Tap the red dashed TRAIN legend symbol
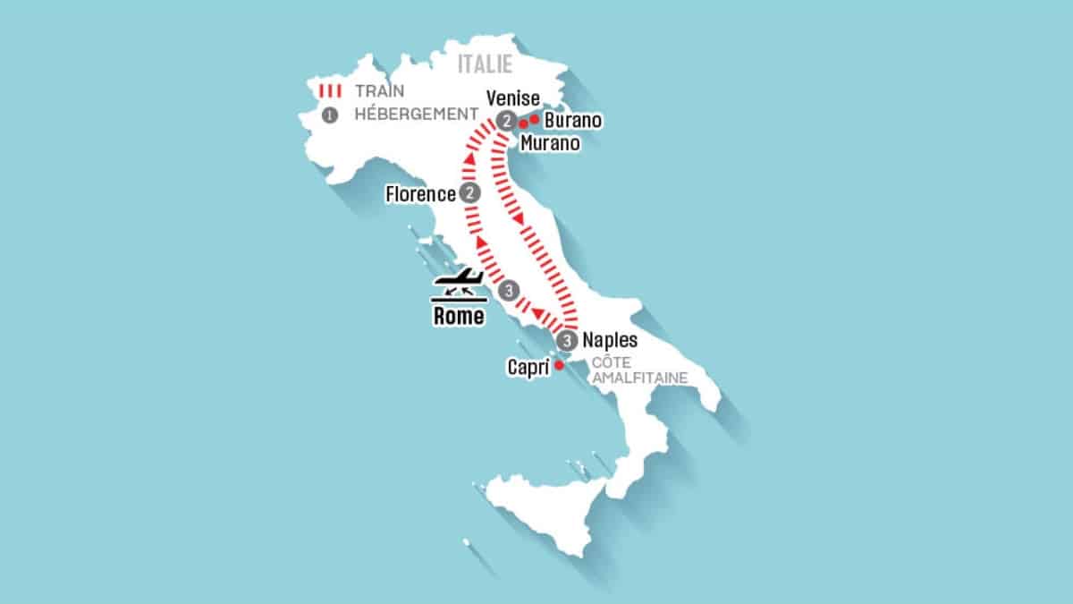[x=330, y=90]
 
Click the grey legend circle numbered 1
[x=330, y=115]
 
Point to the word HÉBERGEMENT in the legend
[x=416, y=115]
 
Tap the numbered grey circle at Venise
[x=506, y=123]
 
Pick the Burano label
[x=573, y=120]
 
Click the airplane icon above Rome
[x=458, y=284]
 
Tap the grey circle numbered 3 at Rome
[x=508, y=290]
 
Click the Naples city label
[x=609, y=340]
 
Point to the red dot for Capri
[x=558, y=365]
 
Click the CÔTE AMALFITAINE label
[x=638, y=370]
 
